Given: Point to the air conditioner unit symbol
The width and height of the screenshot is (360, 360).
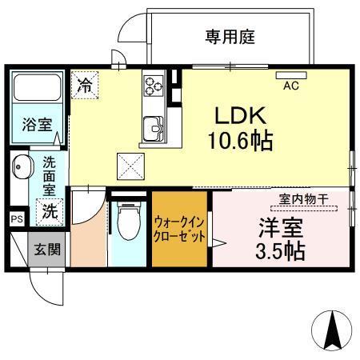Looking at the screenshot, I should pos(291,76).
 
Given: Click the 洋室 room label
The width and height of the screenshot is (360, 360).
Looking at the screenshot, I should pos(278,227).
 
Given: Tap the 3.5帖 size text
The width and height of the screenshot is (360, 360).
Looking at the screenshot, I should pos(278,252).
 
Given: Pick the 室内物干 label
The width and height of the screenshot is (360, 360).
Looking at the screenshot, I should pos(303,200).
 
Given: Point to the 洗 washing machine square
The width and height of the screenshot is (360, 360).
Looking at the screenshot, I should pos(50,212).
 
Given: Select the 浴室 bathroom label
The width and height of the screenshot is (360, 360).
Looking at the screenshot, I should pos(37,125).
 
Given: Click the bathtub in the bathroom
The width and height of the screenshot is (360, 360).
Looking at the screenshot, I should pos(37,90).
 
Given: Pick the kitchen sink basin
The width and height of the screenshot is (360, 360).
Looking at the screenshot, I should pos(153,126).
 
